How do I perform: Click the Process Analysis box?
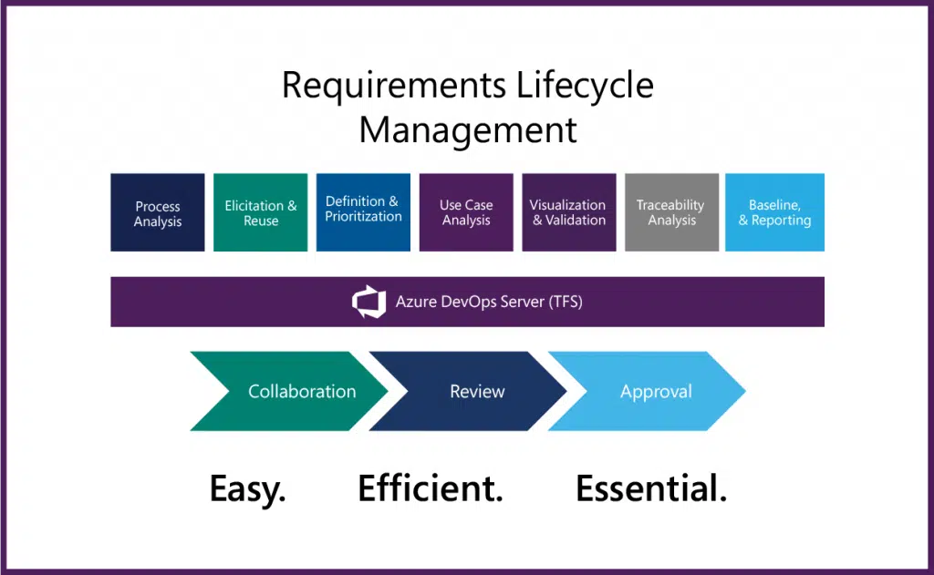coord(158,213)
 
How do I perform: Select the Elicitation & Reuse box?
coord(261,213)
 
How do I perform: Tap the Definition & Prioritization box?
coord(363,212)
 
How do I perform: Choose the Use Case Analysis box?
coord(466,212)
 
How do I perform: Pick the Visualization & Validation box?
coord(568,212)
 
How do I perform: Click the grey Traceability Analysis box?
coord(671,212)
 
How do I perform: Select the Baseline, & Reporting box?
coord(774,212)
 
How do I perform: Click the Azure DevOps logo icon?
coord(368,302)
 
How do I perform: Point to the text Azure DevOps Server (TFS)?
coord(489,302)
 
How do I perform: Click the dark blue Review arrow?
coord(469,392)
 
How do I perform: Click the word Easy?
coord(247,489)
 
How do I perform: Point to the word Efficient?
coord(431,489)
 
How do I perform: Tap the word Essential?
coord(651,489)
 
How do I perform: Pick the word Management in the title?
coord(468,129)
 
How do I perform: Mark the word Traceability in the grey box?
coord(670,205)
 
